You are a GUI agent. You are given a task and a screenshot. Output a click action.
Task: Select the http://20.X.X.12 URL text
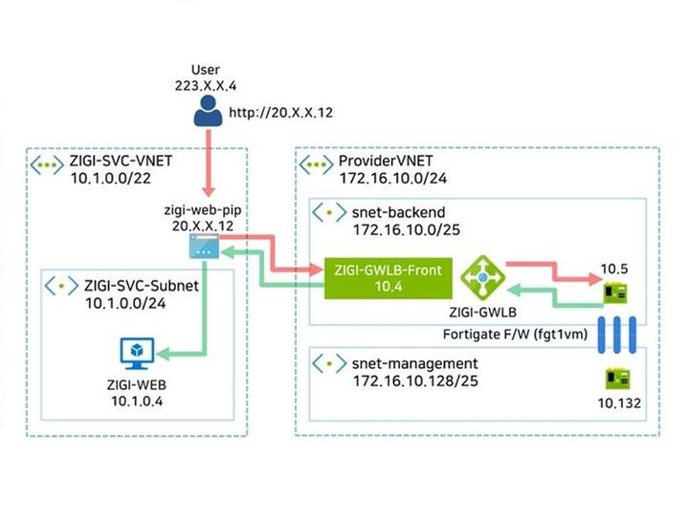pyautogui.click(x=280, y=113)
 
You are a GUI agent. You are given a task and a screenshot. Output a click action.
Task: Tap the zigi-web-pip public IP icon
pyautogui.click(x=203, y=249)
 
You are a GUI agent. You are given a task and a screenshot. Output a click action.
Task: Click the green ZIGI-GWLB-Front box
pyautogui.click(x=383, y=278)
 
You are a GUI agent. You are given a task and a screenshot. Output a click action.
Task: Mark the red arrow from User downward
pyautogui.click(x=204, y=166)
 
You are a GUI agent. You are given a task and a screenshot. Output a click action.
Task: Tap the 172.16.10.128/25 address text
pyautogui.click(x=412, y=381)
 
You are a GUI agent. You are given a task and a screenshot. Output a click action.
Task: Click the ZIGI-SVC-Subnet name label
pyautogui.click(x=141, y=285)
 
